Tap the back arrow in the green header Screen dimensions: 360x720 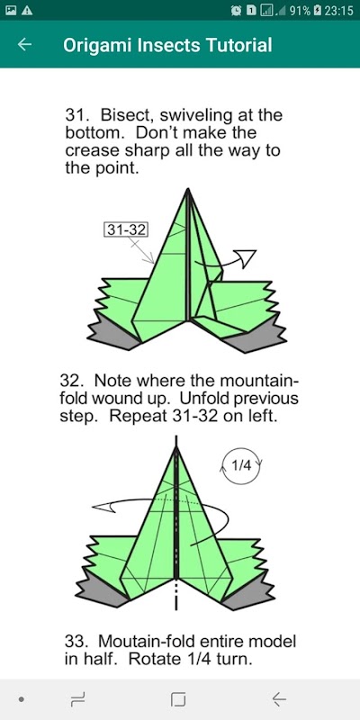24,44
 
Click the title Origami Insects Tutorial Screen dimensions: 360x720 167,45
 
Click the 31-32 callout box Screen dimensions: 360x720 126,229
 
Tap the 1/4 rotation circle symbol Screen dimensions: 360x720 241,465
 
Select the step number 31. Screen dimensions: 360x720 74,114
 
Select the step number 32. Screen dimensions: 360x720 69,382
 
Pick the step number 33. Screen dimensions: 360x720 74,641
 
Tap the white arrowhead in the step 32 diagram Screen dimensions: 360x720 103,507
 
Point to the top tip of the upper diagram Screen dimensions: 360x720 188,189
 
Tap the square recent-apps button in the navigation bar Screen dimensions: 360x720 178,699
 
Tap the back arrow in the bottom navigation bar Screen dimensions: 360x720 279,699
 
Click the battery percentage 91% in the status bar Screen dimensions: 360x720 300,10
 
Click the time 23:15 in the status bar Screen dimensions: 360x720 339,10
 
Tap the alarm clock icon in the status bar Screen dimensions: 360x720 237,10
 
